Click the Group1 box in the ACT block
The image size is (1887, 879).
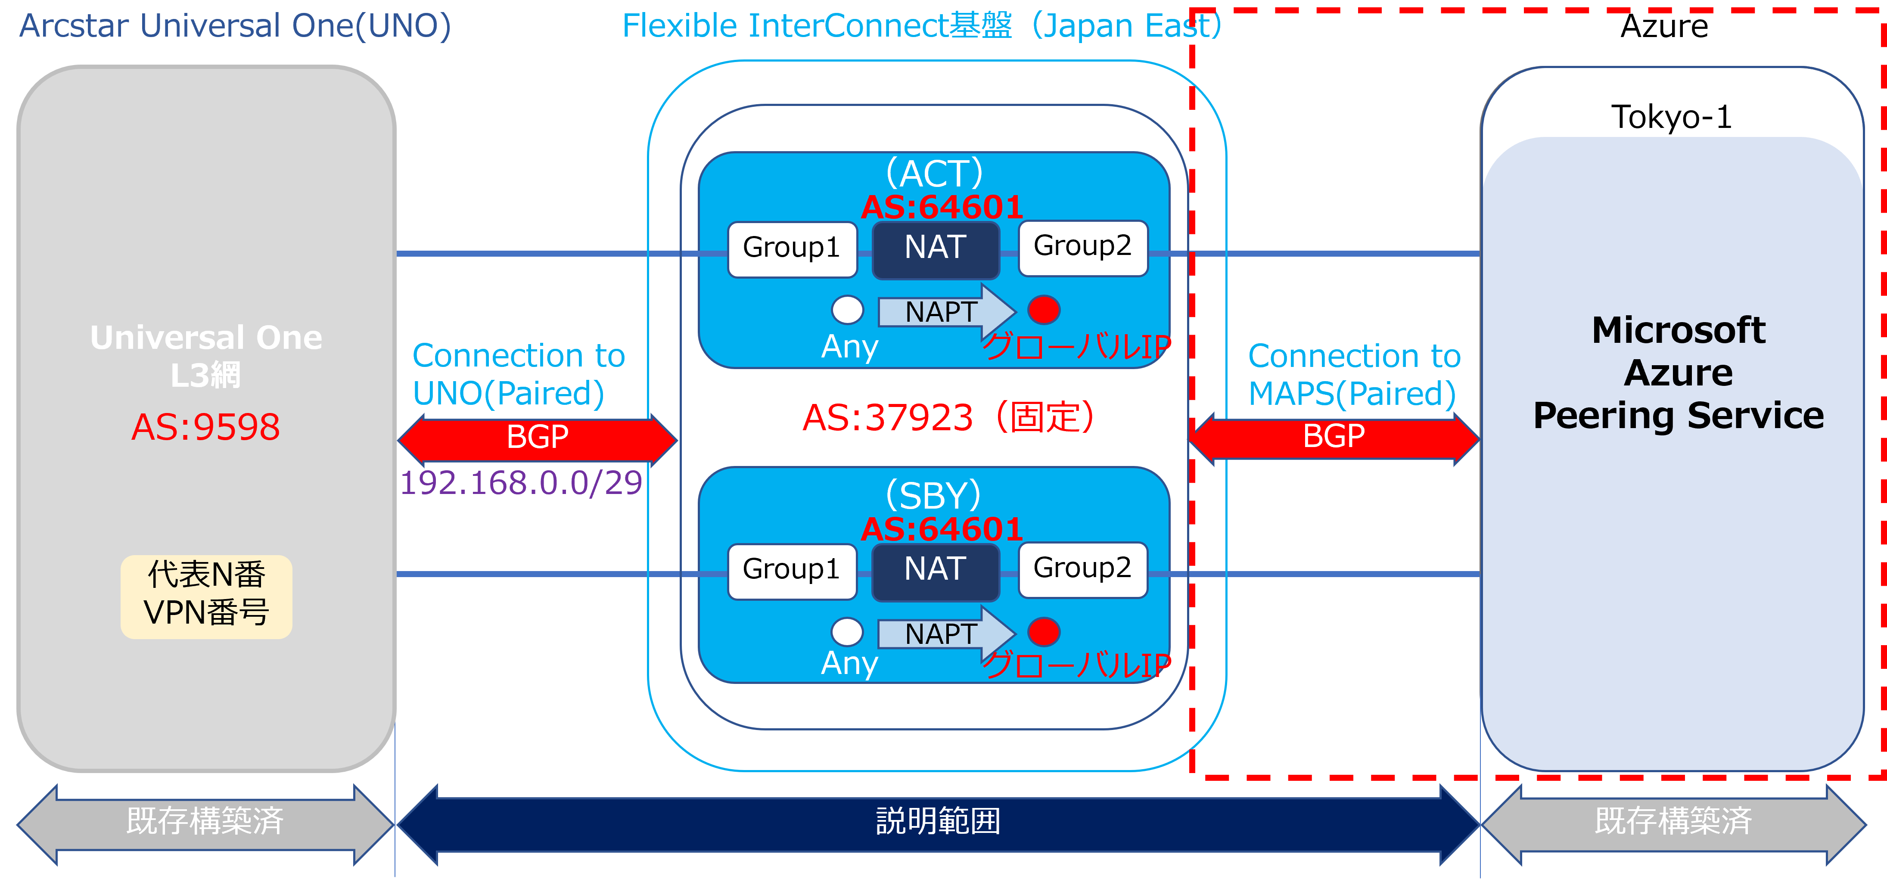pyautogui.click(x=792, y=249)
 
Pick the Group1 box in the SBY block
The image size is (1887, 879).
pyautogui.click(x=792, y=571)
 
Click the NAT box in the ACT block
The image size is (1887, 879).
pyautogui.click(x=936, y=249)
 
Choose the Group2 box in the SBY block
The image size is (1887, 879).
pyautogui.click(x=1083, y=569)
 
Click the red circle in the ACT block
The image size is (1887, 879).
pyautogui.click(x=1044, y=309)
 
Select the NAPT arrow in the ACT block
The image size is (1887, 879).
pyautogui.click(x=945, y=311)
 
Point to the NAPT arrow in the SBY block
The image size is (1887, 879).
pyautogui.click(x=945, y=633)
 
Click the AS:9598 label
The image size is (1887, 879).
pyautogui.click(x=206, y=427)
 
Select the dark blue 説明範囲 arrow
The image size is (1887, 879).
pyautogui.click(x=938, y=822)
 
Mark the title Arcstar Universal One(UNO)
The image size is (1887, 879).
pyautogui.click(x=234, y=26)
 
